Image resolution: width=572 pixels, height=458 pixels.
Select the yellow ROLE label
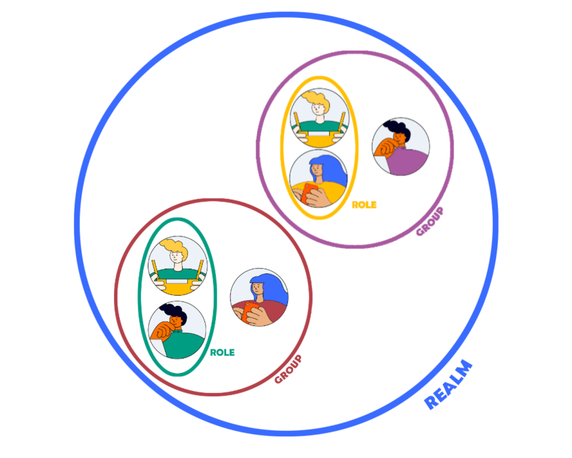(364, 205)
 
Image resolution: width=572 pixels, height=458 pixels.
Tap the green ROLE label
(222, 352)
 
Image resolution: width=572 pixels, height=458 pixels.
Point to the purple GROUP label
(430, 221)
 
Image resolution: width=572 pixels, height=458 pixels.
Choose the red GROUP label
(288, 370)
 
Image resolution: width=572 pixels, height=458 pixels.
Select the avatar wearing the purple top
(401, 147)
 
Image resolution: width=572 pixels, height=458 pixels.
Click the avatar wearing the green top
(177, 330)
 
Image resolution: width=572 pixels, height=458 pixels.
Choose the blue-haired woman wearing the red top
(259, 297)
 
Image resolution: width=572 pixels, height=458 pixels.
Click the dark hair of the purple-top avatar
(398, 129)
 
